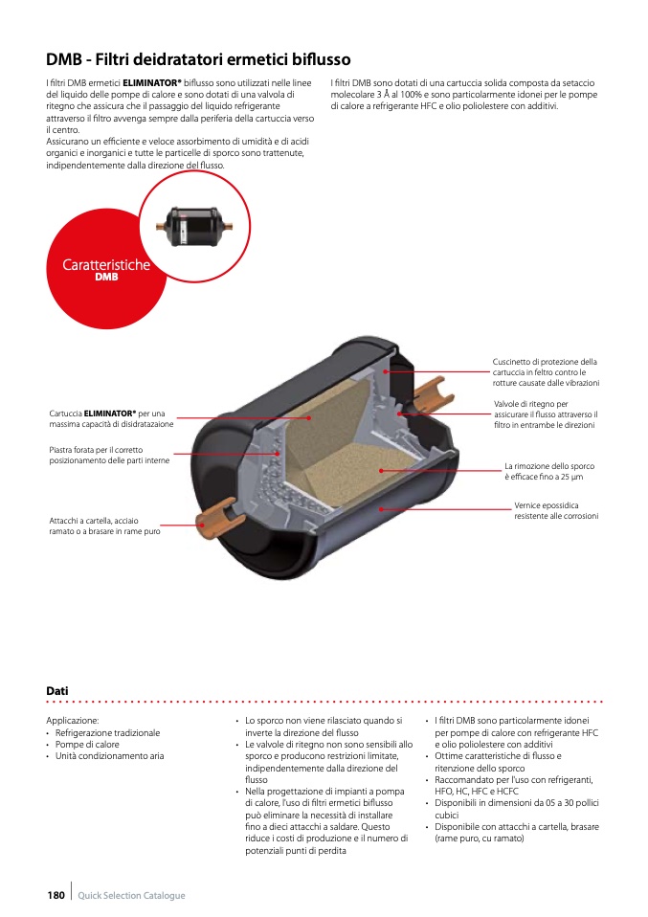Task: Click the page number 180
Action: (56, 895)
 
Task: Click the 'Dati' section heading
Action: (57, 691)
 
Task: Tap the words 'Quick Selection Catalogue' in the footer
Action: (131, 895)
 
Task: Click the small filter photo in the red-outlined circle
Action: (194, 226)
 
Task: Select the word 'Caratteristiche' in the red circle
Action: (106, 265)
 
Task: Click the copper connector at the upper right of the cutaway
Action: (434, 393)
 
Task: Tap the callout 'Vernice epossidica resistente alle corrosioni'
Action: (556, 510)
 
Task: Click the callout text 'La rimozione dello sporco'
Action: (549, 466)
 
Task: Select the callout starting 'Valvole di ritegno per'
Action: (546, 414)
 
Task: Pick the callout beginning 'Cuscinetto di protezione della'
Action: (546, 372)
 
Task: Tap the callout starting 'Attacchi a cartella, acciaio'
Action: (104, 526)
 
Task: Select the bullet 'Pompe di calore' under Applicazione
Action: (87, 745)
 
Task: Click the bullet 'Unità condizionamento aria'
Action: (109, 756)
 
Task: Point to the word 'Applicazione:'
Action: (73, 721)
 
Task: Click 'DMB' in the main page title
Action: (64, 59)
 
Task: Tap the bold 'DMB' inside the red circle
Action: (106, 278)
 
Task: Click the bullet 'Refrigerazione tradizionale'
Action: (107, 733)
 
